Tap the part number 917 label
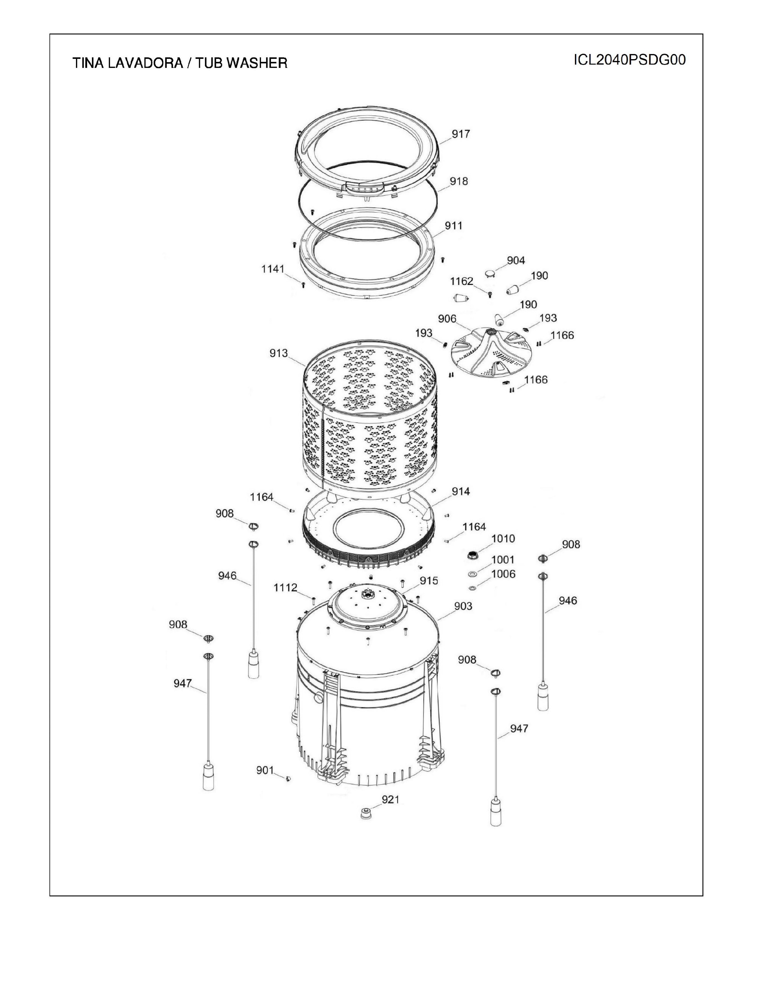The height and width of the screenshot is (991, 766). pos(461,134)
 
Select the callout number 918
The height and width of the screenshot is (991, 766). pos(459,181)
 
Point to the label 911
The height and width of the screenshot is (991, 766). pos(453,226)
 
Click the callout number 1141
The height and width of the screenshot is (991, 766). pos(273,269)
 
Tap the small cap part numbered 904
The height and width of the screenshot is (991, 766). pos(491,272)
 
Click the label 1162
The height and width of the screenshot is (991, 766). pos(461,281)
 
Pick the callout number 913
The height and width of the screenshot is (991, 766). pos(279,353)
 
